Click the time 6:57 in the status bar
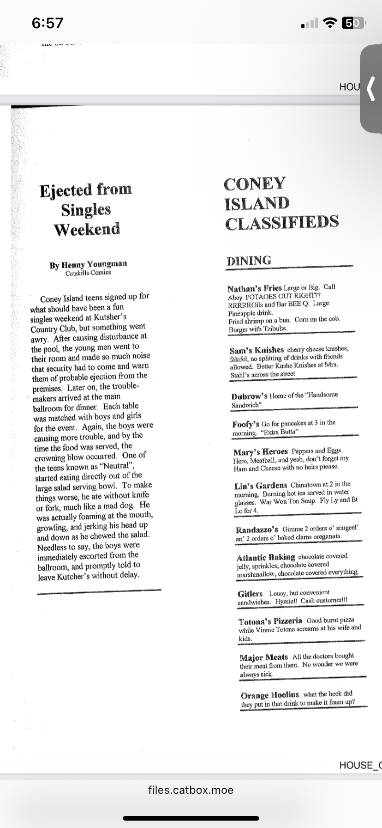tap(48, 23)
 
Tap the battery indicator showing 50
tap(352, 23)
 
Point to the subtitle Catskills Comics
tap(88, 273)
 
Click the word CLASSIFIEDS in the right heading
tap(282, 223)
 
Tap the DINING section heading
tap(249, 261)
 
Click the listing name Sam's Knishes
tap(257, 350)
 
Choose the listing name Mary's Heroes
tap(260, 451)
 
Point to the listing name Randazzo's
tap(257, 529)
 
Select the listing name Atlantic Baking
tap(266, 557)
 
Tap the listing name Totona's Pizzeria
tap(270, 621)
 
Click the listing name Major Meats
tap(263, 657)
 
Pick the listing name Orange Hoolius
tap(269, 695)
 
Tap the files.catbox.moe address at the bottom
tap(191, 790)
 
